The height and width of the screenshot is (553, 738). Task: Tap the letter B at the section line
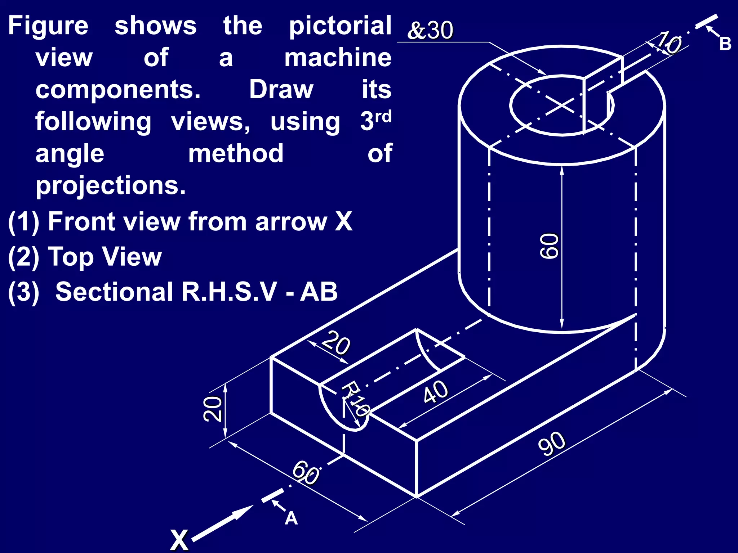pyautogui.click(x=725, y=44)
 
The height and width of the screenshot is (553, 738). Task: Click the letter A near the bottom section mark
pyautogui.click(x=291, y=519)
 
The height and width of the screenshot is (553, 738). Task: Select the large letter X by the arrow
pyautogui.click(x=179, y=540)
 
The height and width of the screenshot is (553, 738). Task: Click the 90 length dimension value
pyautogui.click(x=552, y=444)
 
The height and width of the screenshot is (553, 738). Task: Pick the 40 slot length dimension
pyautogui.click(x=436, y=392)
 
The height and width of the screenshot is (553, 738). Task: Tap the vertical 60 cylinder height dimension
pyautogui.click(x=550, y=246)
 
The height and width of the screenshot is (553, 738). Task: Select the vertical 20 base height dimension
pyautogui.click(x=212, y=409)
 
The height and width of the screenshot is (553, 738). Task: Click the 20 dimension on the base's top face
pyautogui.click(x=335, y=343)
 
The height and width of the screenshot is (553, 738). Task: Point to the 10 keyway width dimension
pyautogui.click(x=669, y=42)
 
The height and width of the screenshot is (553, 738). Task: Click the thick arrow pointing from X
pyautogui.click(x=223, y=522)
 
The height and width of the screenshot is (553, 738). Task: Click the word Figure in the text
pyautogui.click(x=48, y=26)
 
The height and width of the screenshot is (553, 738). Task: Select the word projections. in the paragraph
pyautogui.click(x=111, y=185)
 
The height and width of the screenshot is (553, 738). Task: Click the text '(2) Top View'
pyautogui.click(x=85, y=257)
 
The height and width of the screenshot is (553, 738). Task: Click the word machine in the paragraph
pyautogui.click(x=338, y=58)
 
